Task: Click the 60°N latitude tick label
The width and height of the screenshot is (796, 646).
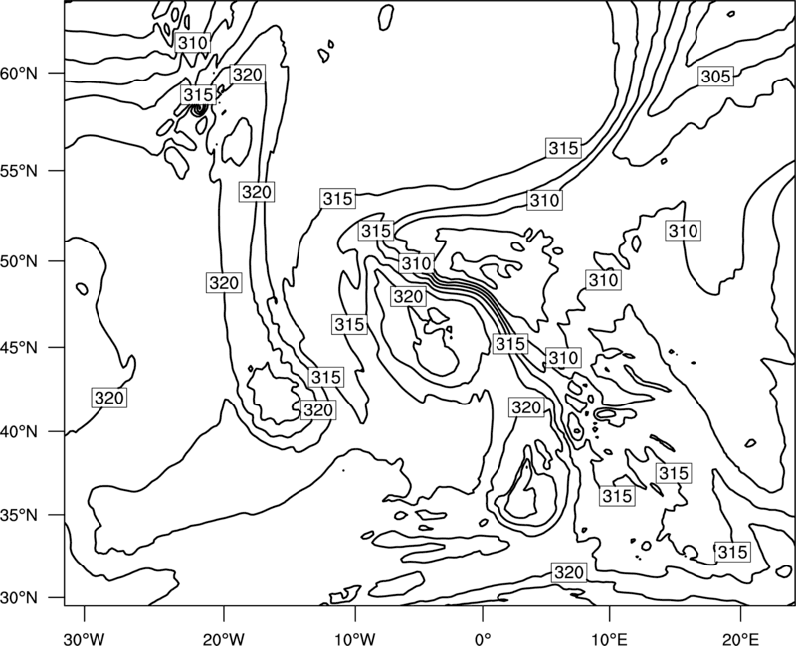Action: pos(19,74)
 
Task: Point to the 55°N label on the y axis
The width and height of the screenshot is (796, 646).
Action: pos(19,171)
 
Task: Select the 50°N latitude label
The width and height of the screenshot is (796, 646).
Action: pos(19,261)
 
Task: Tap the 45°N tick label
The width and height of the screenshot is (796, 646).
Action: pos(19,347)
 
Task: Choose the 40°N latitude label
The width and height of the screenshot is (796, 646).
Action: pos(19,432)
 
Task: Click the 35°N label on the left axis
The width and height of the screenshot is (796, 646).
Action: pos(19,515)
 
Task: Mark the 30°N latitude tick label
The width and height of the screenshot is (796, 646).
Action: pos(19,598)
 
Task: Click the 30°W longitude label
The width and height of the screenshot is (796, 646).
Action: pos(85,638)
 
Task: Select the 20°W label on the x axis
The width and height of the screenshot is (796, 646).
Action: pos(224,638)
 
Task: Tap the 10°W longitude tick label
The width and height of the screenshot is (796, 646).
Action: pos(355,638)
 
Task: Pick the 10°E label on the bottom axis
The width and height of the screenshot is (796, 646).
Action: pos(609,638)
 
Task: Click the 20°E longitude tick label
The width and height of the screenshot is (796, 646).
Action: pos(741,638)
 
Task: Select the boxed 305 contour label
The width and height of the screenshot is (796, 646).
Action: pos(715,77)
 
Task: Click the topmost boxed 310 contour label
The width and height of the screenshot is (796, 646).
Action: pos(193,43)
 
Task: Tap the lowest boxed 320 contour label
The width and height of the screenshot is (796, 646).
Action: pos(568,573)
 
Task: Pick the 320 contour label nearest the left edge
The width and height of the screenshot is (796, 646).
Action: pos(109,398)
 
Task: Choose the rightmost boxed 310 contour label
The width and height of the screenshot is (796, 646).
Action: pos(684,231)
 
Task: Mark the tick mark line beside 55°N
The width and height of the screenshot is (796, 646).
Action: pos(57,171)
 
